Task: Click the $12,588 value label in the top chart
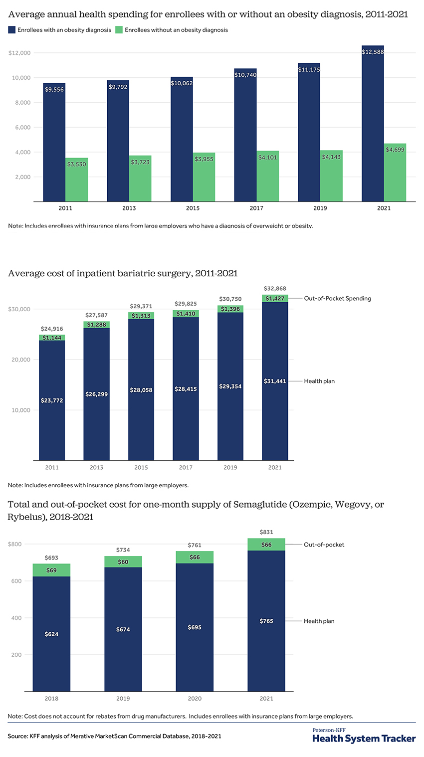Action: (373, 52)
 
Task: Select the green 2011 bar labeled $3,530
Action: (77, 180)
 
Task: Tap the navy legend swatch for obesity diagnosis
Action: (11, 30)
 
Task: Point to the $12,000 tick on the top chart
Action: (19, 53)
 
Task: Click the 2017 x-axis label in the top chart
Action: (256, 208)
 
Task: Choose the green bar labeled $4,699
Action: (395, 173)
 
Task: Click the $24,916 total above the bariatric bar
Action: (52, 329)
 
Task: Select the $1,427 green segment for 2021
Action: (275, 298)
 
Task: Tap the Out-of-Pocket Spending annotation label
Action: (338, 298)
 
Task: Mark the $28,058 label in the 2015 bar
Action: (141, 390)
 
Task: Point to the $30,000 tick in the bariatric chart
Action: (19, 309)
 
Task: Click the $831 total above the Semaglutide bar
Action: (266, 532)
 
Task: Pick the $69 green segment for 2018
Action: (51, 570)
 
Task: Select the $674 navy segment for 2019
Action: (123, 629)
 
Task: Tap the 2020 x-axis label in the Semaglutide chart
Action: (195, 699)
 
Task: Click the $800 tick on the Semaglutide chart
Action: (15, 544)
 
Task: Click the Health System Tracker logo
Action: (364, 736)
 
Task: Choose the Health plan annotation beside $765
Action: (319, 621)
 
